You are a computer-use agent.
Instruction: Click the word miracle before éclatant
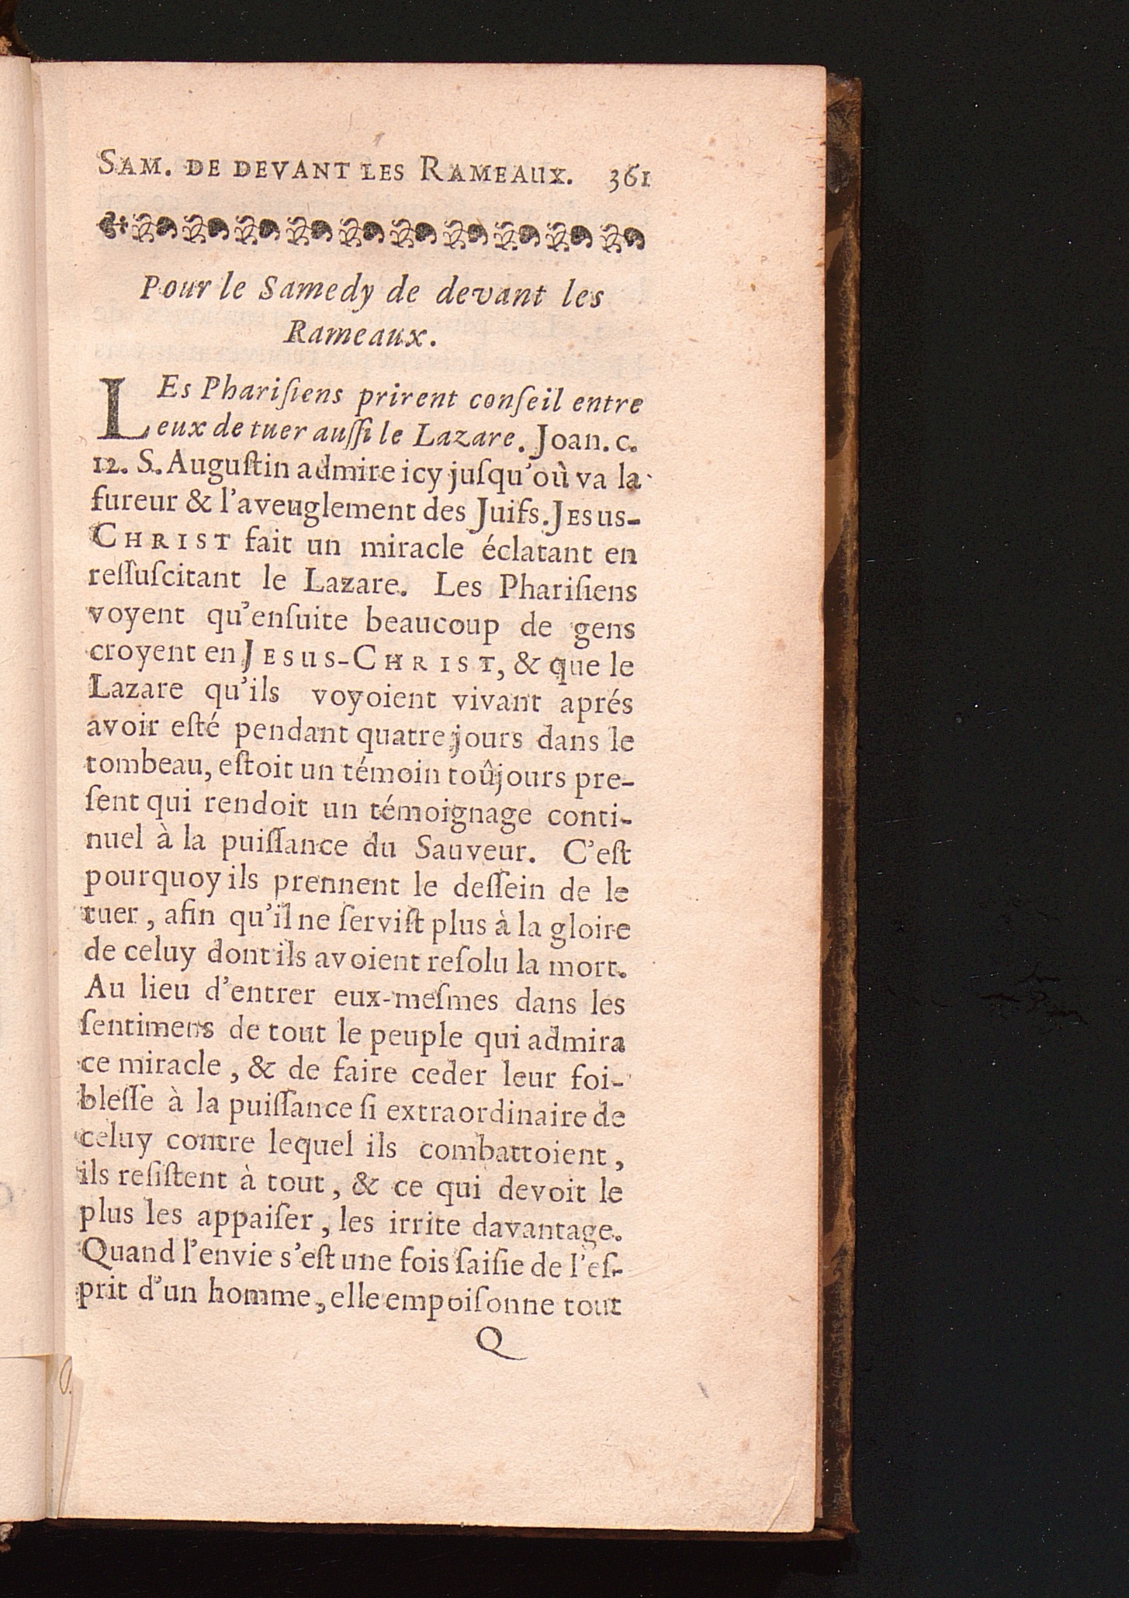[411, 550]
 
